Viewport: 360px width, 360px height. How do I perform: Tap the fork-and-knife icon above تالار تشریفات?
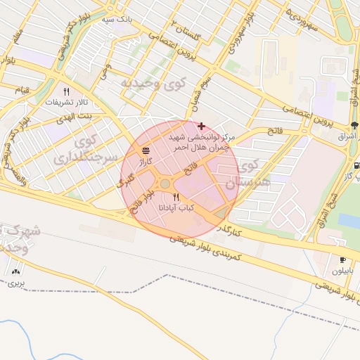point(67,91)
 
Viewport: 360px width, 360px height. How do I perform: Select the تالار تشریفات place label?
point(65,103)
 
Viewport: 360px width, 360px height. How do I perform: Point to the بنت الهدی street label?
point(75,114)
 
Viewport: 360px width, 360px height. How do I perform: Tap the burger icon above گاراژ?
point(146,150)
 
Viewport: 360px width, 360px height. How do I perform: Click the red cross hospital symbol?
point(202,125)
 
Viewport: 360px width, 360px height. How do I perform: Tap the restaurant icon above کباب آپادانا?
point(176,197)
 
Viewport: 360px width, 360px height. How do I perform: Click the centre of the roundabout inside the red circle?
point(165,184)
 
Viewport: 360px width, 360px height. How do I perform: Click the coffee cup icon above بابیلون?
point(342,259)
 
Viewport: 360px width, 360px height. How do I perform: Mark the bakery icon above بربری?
point(16,271)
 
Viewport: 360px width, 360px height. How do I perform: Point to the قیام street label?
point(22,91)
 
